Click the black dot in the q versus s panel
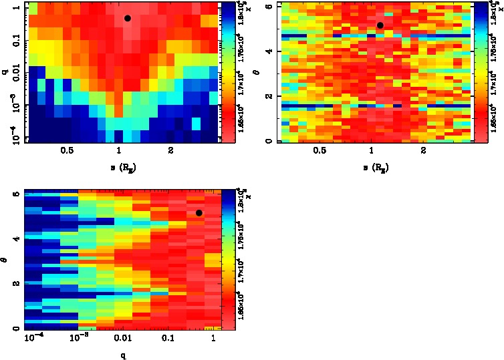(127, 18)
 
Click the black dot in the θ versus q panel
(199, 213)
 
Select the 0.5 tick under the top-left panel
(67, 151)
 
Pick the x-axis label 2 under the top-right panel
(424, 151)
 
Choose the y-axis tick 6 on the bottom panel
(15, 194)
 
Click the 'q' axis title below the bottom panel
(123, 355)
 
